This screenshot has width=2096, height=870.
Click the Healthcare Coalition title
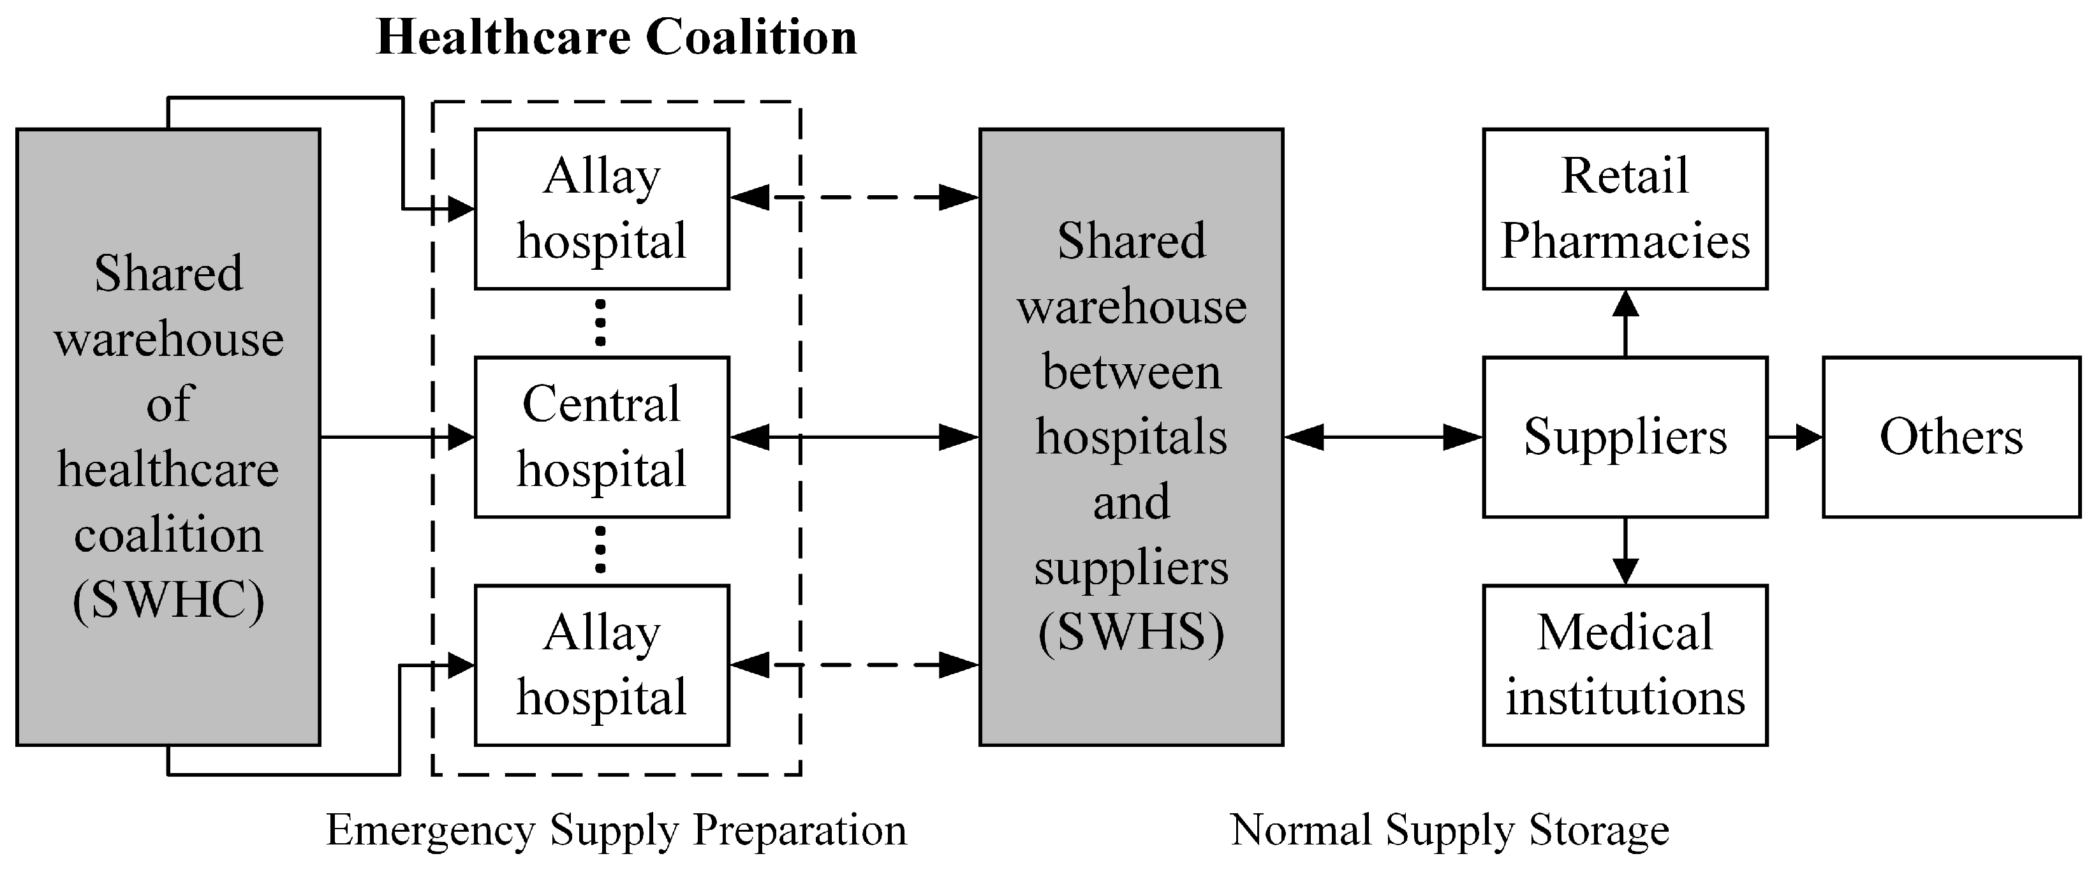pyautogui.click(x=616, y=38)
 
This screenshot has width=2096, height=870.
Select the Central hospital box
pyautogui.click(x=601, y=437)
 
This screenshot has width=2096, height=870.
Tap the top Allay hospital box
pyautogui.click(x=601, y=209)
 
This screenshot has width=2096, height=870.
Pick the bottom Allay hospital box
pyautogui.click(x=601, y=665)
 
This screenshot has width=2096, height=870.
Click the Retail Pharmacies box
pyautogui.click(x=1625, y=209)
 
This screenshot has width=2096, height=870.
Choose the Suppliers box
pyautogui.click(x=1625, y=437)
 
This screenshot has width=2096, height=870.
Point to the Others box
pyautogui.click(x=1951, y=437)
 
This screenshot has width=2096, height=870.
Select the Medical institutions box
pyautogui.click(x=1625, y=665)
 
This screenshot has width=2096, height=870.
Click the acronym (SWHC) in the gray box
pyautogui.click(x=168, y=601)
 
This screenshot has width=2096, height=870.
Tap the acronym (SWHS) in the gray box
pyautogui.click(x=1131, y=632)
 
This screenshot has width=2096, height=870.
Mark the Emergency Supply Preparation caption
pyautogui.click(x=616, y=830)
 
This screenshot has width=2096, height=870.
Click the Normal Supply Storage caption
pyautogui.click(x=1449, y=830)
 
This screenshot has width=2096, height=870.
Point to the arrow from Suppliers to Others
pyautogui.click(x=1794, y=437)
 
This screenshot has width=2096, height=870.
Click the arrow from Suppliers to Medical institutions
pyautogui.click(x=1625, y=551)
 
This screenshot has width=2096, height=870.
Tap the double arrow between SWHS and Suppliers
pyautogui.click(x=1384, y=437)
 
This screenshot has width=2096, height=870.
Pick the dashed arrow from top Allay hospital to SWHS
pyautogui.click(x=854, y=197)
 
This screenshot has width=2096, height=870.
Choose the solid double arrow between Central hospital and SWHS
pyautogui.click(x=854, y=437)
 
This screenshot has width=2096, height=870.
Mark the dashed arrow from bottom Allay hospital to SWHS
pyautogui.click(x=854, y=665)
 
